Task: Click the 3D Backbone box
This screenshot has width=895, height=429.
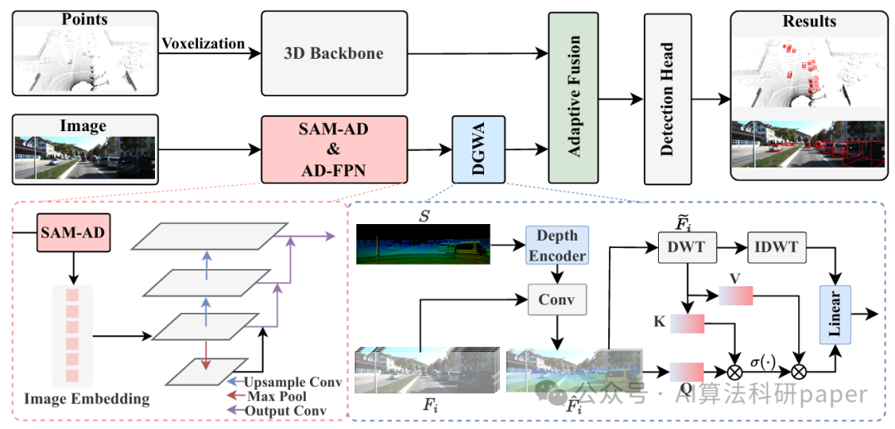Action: tap(334, 54)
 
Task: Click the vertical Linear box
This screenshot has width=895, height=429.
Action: tap(835, 314)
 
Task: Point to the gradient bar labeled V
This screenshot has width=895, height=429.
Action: tap(735, 295)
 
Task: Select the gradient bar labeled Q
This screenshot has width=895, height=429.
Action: tap(687, 371)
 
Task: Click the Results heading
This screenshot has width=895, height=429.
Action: tap(809, 22)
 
